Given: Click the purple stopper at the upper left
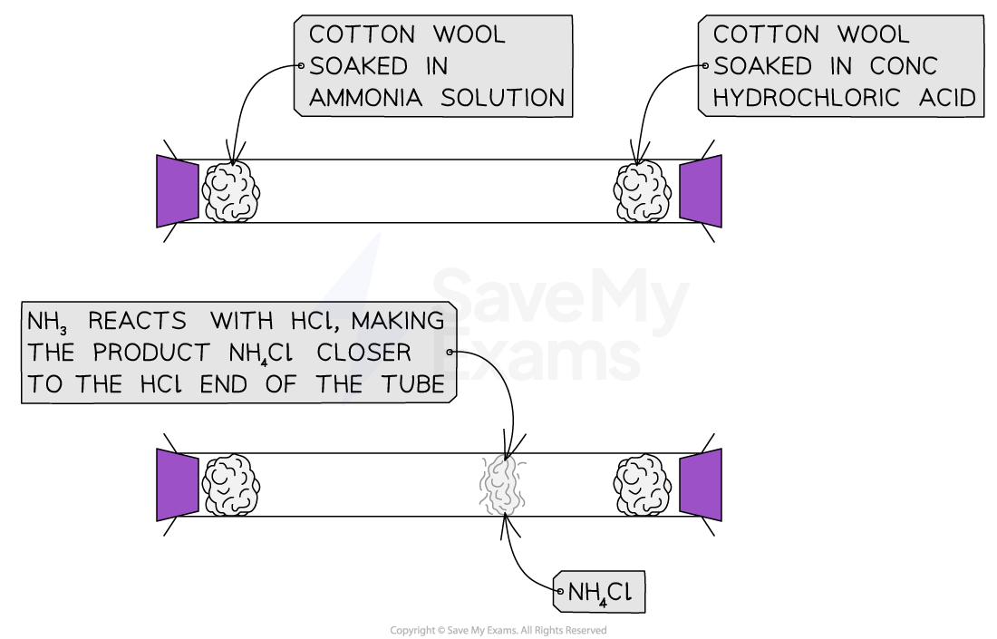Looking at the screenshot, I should click(178, 191).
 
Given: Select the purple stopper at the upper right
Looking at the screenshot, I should click(701, 191).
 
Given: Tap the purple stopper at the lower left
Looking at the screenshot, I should click(178, 485).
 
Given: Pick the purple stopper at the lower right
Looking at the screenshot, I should click(701, 485).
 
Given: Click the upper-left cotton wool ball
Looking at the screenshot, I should click(230, 192).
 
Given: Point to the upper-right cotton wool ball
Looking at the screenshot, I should click(643, 192).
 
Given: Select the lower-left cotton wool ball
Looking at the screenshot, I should click(230, 486).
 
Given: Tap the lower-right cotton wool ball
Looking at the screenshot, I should click(643, 486).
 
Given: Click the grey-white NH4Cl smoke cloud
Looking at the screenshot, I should click(502, 485).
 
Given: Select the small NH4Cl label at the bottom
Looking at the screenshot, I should click(600, 593).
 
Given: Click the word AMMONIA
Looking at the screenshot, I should click(365, 98).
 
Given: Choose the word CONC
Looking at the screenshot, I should click(903, 66).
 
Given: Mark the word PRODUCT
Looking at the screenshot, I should click(150, 353).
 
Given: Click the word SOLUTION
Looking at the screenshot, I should click(502, 98).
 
